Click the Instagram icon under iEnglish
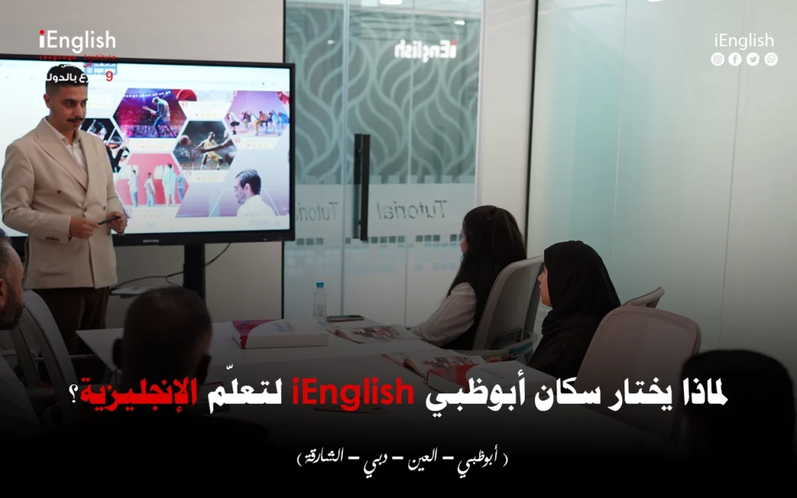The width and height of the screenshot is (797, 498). (x=717, y=60)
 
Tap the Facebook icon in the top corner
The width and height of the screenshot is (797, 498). (x=734, y=60)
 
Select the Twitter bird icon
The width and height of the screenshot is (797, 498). (x=753, y=60)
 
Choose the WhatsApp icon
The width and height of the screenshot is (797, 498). (x=770, y=60)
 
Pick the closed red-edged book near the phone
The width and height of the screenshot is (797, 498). (x=280, y=334)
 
